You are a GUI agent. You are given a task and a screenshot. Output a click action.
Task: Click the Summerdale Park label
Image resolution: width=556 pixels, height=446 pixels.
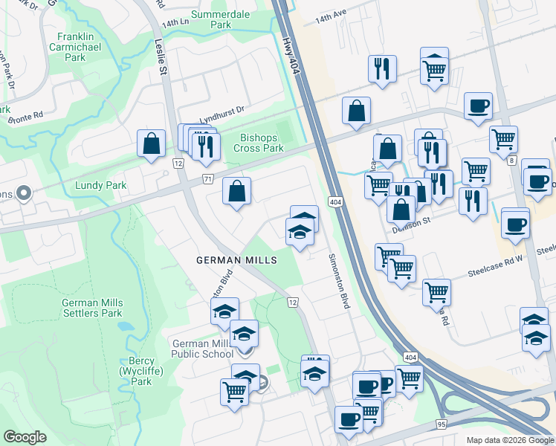pos(222,19)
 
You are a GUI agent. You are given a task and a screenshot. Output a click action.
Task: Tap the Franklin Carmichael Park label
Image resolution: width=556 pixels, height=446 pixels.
pos(85,46)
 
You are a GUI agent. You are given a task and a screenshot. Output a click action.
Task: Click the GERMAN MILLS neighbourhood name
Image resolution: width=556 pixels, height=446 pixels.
pos(236,260)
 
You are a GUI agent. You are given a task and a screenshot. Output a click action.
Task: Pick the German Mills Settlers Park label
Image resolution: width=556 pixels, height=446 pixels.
pos(92,308)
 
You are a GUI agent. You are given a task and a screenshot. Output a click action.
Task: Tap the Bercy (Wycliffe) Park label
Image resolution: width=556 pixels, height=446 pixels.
pos(136,371)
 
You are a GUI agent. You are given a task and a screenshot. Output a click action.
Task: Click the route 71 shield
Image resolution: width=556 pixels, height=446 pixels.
pos(209,180)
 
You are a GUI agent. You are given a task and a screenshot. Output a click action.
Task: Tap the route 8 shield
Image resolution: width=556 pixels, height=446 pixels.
pos(511,159)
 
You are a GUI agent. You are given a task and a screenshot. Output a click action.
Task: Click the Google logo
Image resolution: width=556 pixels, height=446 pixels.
pos(25,436)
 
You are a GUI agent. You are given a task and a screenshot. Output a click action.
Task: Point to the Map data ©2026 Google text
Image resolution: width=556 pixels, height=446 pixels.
pos(510,440)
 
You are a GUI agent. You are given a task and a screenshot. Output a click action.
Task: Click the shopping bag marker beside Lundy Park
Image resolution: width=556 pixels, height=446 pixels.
pos(151,143)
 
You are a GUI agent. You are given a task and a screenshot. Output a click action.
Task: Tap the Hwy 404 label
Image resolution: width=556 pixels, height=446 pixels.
pos(291,47)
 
